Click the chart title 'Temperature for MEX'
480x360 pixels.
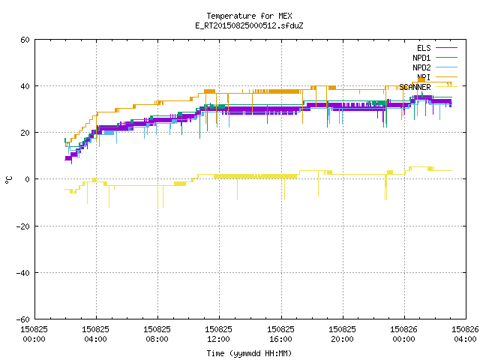point(249,16)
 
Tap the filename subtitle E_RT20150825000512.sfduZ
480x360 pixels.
point(249,25)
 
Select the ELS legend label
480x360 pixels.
point(424,48)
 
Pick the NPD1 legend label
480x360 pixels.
point(421,58)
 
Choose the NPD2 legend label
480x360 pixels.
point(421,67)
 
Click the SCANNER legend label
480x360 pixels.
point(415,87)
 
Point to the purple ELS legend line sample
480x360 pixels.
point(446,48)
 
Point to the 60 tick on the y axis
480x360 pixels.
point(25,40)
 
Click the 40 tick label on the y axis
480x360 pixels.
point(25,86)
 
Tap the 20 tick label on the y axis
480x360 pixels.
point(25,133)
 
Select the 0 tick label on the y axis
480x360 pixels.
point(28,179)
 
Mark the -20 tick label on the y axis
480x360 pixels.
point(23,226)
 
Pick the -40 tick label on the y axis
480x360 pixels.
point(23,273)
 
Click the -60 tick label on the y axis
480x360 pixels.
point(23,319)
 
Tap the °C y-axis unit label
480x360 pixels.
point(8,180)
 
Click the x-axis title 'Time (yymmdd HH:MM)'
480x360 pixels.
point(249,353)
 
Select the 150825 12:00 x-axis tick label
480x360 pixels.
point(218,334)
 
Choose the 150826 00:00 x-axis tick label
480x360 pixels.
point(403,334)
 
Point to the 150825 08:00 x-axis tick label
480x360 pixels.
point(157,334)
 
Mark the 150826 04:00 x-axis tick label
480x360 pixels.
point(465,334)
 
